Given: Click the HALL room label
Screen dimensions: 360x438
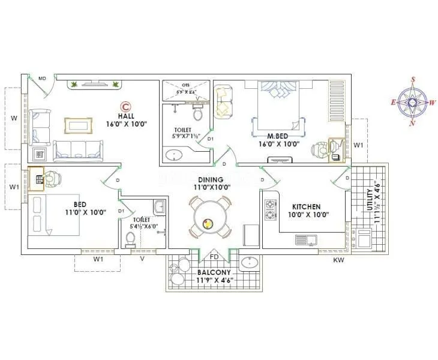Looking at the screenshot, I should pos(126,116).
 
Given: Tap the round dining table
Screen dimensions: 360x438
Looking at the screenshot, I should pos(208,224).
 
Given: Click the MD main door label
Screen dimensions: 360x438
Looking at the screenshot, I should pos(43,79).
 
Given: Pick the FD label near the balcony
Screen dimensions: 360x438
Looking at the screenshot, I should pos(214,257).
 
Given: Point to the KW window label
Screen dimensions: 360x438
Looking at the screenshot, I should pos(339,260).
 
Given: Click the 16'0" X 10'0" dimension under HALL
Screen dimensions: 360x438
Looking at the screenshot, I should pos(127,124).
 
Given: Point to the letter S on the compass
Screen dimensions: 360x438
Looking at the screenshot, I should pos(413,79).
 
